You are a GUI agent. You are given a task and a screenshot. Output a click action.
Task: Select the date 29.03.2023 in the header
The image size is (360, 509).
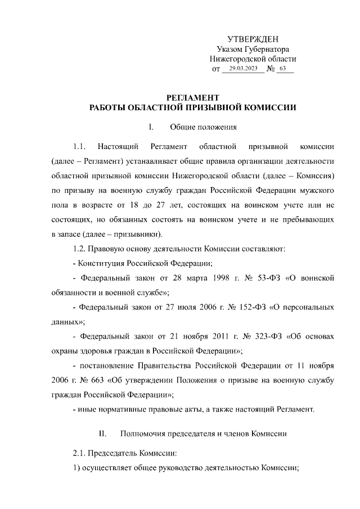243,69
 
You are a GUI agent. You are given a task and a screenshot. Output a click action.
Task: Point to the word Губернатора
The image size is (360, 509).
265,49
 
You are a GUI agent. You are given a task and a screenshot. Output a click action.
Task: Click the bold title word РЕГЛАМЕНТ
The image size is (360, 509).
193,97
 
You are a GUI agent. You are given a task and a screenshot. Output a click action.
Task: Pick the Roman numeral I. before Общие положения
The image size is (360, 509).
151,127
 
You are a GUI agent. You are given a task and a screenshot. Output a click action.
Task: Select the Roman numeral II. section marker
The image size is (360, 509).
103,434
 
